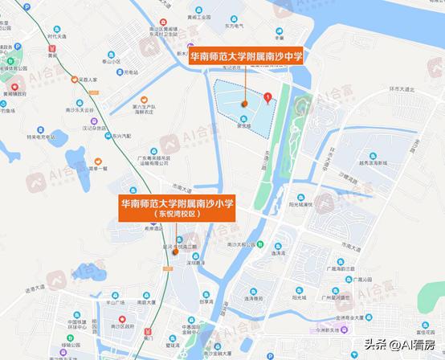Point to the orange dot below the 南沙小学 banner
coord(174,252)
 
